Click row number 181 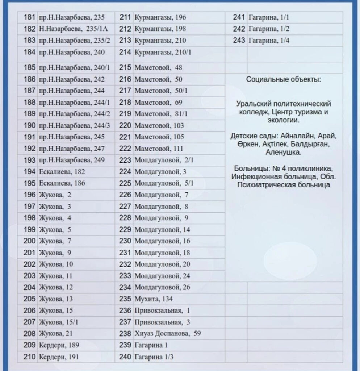[30, 17]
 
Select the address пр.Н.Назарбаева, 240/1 [74, 68]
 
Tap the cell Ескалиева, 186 [62, 183]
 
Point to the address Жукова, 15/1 [58, 322]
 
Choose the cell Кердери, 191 [59, 357]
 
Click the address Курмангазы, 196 [160, 17]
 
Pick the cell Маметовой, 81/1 [161, 114]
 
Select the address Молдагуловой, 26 [162, 288]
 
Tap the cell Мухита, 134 [154, 299]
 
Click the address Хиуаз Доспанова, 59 [167, 334]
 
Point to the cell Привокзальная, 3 [162, 322]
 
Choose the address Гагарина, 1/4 [269, 41]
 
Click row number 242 [239, 29]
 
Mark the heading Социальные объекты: [283, 80]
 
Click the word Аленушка [283, 153]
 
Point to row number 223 [125, 160]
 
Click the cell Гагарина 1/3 [154, 357]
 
